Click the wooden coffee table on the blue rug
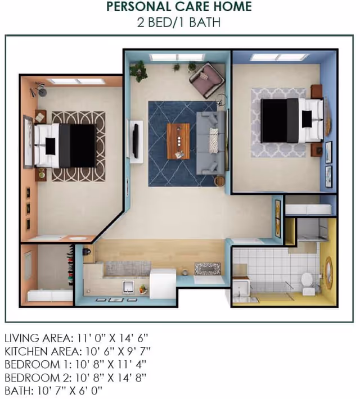[x=178, y=141]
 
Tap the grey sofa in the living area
[x=211, y=143]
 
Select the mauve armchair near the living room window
[x=207, y=80]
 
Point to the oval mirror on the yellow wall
[x=329, y=273]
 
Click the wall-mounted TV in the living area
[x=136, y=140]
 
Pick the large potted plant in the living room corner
[x=138, y=70]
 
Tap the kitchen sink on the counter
[x=127, y=287]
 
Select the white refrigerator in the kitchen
[x=163, y=283]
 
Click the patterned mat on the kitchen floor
[x=208, y=269]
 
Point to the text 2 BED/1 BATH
[x=179, y=22]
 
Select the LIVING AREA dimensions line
[x=76, y=338]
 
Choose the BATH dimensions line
[x=53, y=391]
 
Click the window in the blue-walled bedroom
[x=280, y=57]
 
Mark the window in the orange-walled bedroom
[x=77, y=81]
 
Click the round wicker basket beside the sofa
[x=219, y=181]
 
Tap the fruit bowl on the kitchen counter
[x=143, y=289]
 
